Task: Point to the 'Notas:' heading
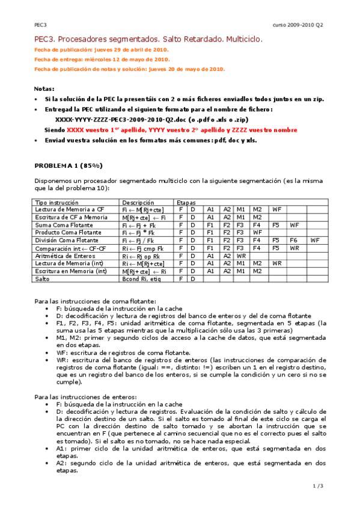point(44,88)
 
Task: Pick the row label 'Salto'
point(43,279)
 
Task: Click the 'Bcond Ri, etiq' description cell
point(142,279)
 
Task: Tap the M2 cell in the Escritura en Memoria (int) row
point(257,271)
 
